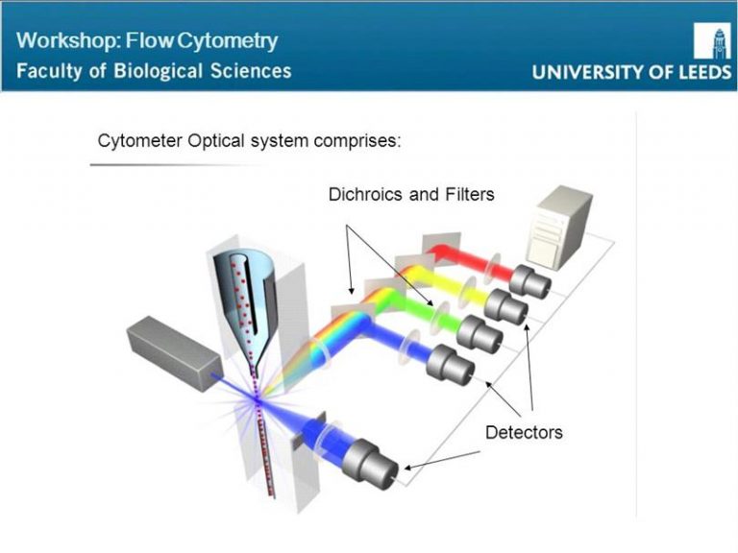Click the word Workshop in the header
tap(68, 40)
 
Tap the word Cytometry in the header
tap(228, 42)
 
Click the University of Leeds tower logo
tap(712, 41)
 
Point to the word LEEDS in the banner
tap(704, 72)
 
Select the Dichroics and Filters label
tap(411, 194)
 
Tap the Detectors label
tap(524, 432)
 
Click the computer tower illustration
tap(559, 228)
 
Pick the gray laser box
tap(173, 352)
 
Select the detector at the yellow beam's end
tap(506, 307)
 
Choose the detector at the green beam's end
tap(480, 334)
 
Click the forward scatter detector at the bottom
tap(370, 464)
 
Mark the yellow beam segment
tap(447, 283)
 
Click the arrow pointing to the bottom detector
tap(441, 461)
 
